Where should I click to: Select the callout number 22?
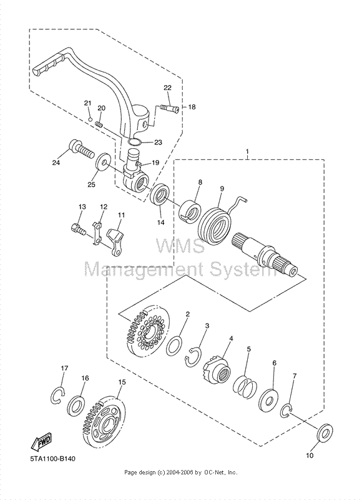pyautogui.click(x=168, y=87)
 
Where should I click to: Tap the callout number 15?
pyautogui.click(x=121, y=382)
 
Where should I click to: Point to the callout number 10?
pyautogui.click(x=310, y=456)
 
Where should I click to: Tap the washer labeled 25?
pyautogui.click(x=101, y=165)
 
